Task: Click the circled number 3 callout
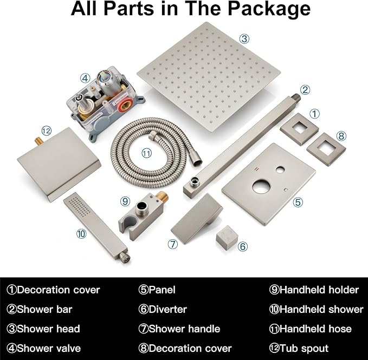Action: [244, 38]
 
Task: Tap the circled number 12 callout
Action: [46, 130]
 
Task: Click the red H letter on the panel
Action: [257, 169]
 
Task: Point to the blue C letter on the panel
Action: [286, 189]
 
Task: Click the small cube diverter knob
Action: [227, 238]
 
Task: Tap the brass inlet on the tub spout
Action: [38, 141]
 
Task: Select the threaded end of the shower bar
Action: [296, 96]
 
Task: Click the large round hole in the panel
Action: [262, 187]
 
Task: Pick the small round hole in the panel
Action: [280, 169]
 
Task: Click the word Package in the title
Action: [269, 9]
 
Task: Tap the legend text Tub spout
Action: [304, 348]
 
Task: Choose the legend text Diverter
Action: [167, 309]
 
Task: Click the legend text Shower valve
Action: [49, 348]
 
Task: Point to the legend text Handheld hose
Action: [315, 329]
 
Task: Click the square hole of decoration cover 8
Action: [326, 149]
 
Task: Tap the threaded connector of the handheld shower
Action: [125, 257]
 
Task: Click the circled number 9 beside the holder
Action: [125, 201]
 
